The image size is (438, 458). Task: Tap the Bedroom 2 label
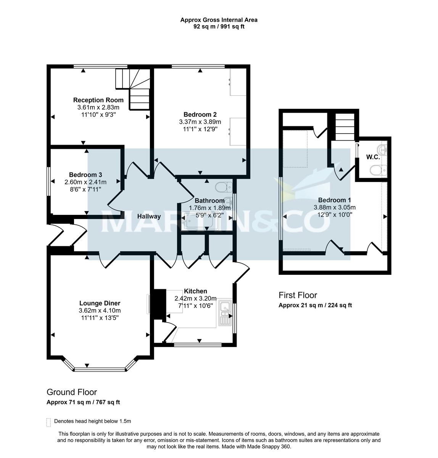pyautogui.click(x=200, y=114)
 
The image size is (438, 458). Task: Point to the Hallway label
pyautogui.click(x=149, y=216)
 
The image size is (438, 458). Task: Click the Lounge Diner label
pyautogui.click(x=100, y=303)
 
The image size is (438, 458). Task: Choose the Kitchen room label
pyautogui.click(x=195, y=291)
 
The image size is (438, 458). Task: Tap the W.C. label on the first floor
pyautogui.click(x=372, y=157)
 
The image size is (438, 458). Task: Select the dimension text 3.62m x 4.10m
pyautogui.click(x=100, y=310)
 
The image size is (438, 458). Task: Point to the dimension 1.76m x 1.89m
pyautogui.click(x=209, y=208)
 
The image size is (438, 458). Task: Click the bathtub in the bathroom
pyautogui.click(x=201, y=222)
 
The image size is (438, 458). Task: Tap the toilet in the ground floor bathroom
pyautogui.click(x=223, y=187)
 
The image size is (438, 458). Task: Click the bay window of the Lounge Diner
pyautogui.click(x=100, y=369)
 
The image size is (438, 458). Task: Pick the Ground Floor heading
pyautogui.click(x=72, y=392)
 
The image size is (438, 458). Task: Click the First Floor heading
pyautogui.click(x=298, y=295)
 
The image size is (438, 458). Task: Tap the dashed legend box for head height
pyautogui.click(x=48, y=422)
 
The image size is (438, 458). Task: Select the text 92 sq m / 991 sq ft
pyautogui.click(x=219, y=27)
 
